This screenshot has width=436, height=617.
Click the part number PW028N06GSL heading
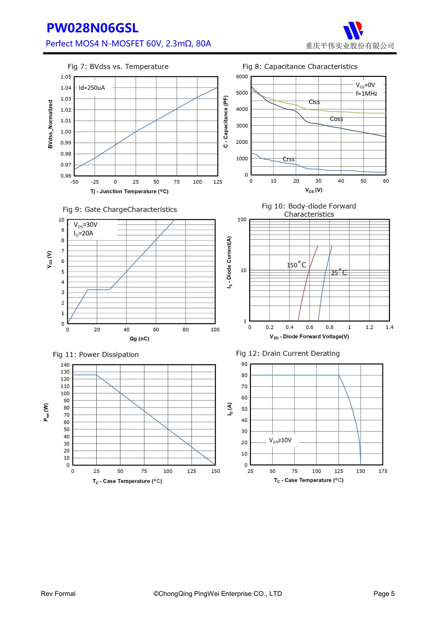tap(92, 28)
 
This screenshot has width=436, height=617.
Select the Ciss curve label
tap(314, 102)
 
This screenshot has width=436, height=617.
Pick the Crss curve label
tap(288, 159)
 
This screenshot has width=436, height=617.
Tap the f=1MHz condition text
tap(366, 94)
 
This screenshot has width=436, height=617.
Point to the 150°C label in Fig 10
tap(296, 265)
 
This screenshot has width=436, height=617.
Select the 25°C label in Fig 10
tap(339, 272)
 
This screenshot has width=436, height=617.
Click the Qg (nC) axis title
tap(139, 339)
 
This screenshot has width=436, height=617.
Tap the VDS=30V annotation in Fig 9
tap(85, 225)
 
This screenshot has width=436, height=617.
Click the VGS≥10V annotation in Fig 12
tap(280, 440)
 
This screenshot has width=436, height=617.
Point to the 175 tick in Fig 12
tap(383, 471)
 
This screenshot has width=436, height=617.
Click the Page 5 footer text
tap(384, 594)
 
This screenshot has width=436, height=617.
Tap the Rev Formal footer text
tap(58, 594)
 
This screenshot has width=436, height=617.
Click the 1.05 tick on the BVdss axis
tap(66, 77)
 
